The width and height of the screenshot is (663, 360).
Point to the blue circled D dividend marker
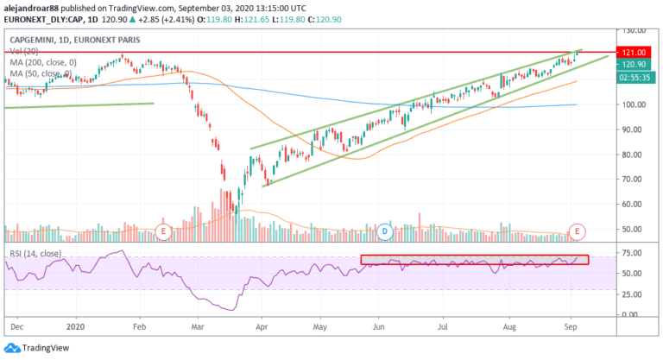tap(386, 231)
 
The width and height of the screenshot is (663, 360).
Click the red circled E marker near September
tap(577, 231)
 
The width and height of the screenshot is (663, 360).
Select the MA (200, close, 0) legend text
tap(42, 62)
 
